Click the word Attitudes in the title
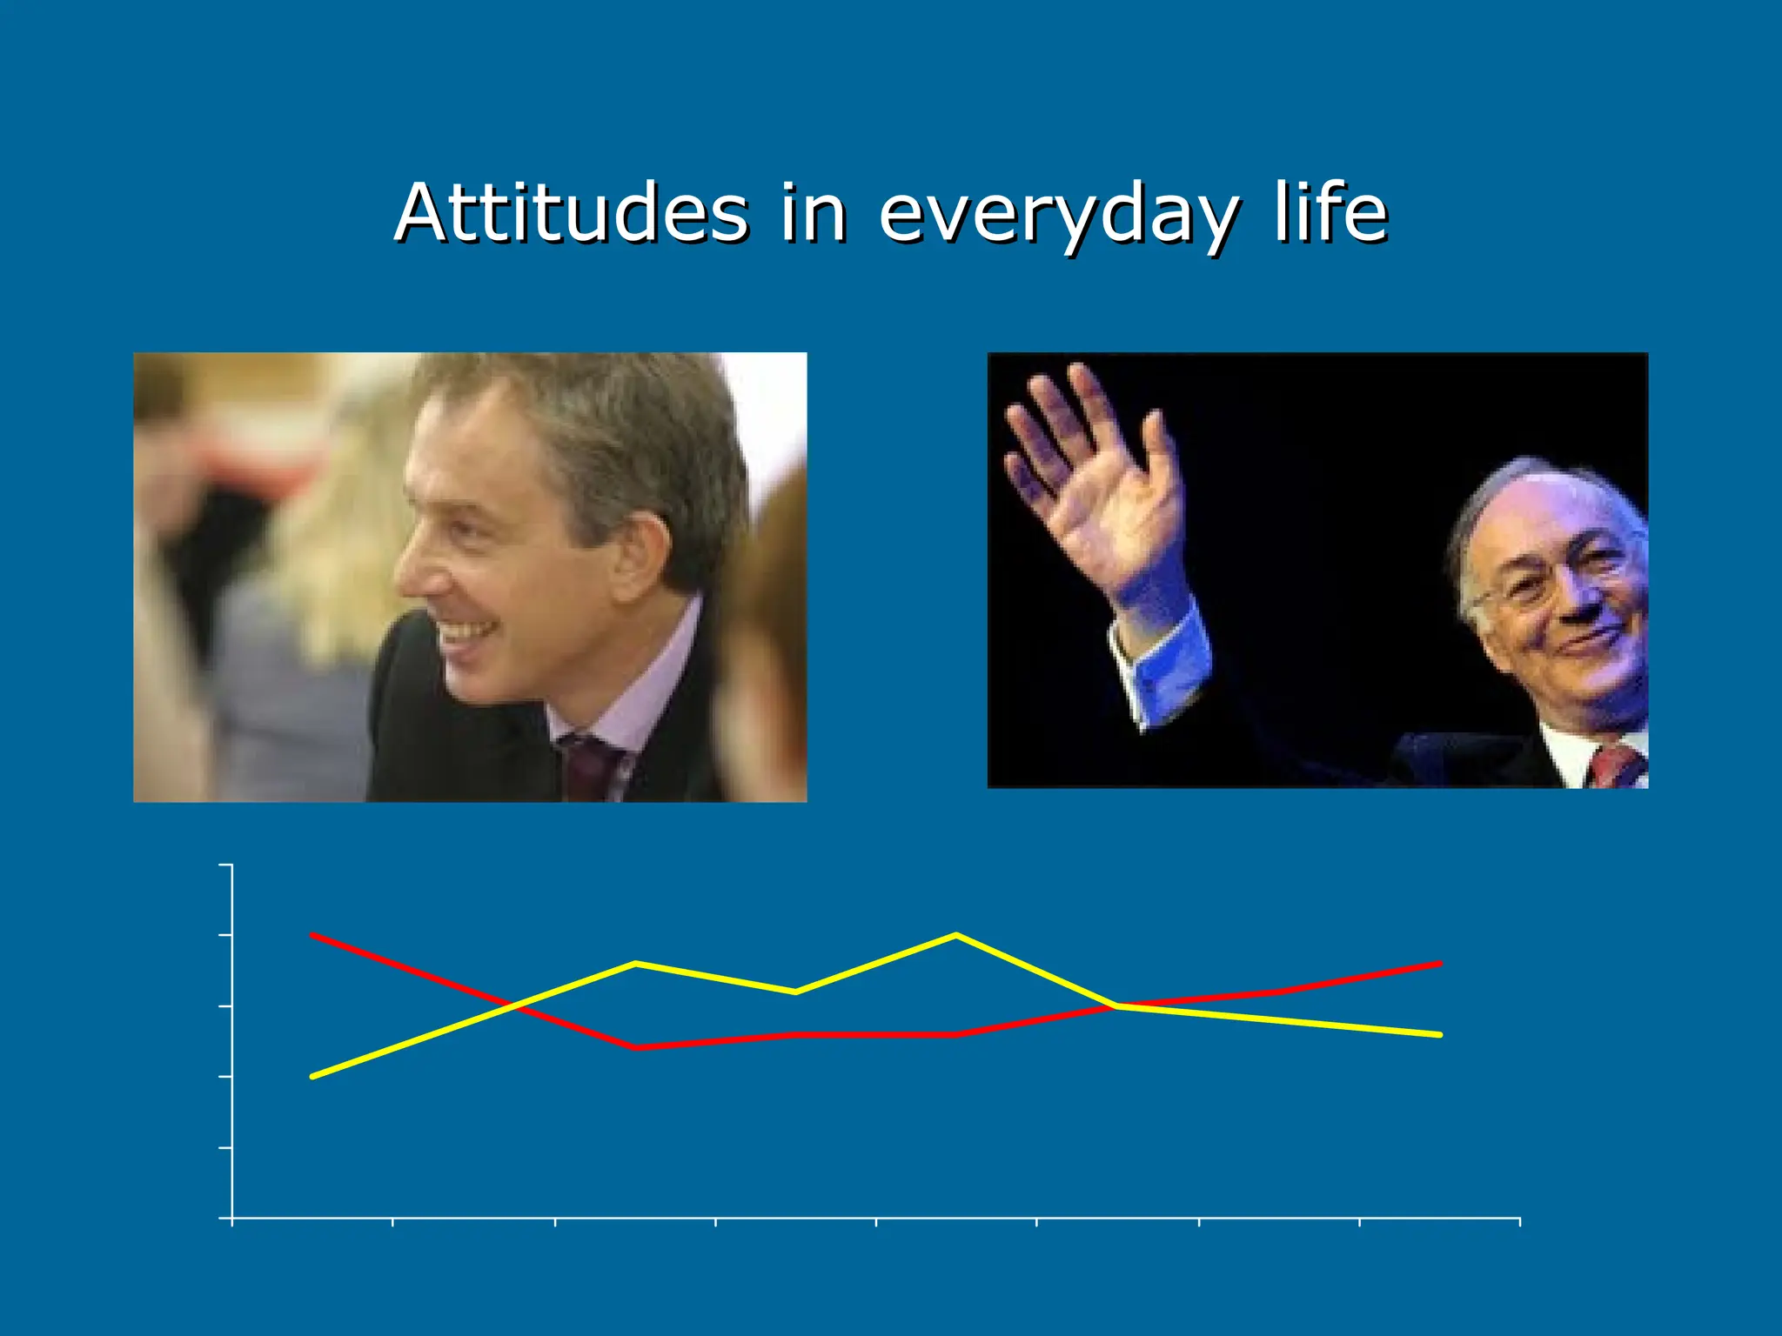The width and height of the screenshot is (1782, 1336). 571,213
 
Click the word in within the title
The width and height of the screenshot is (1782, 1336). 813,213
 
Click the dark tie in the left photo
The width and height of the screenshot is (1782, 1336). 592,765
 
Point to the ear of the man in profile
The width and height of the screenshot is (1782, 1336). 640,557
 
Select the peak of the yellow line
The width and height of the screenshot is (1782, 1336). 956,935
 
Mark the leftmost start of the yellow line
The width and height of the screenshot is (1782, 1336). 312,1077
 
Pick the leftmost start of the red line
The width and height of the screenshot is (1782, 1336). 312,935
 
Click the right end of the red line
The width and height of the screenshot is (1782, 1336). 1441,964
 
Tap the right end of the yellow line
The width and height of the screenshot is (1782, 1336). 1441,1035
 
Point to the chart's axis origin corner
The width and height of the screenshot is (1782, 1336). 232,1218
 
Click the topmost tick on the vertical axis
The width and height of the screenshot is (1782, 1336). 226,865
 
